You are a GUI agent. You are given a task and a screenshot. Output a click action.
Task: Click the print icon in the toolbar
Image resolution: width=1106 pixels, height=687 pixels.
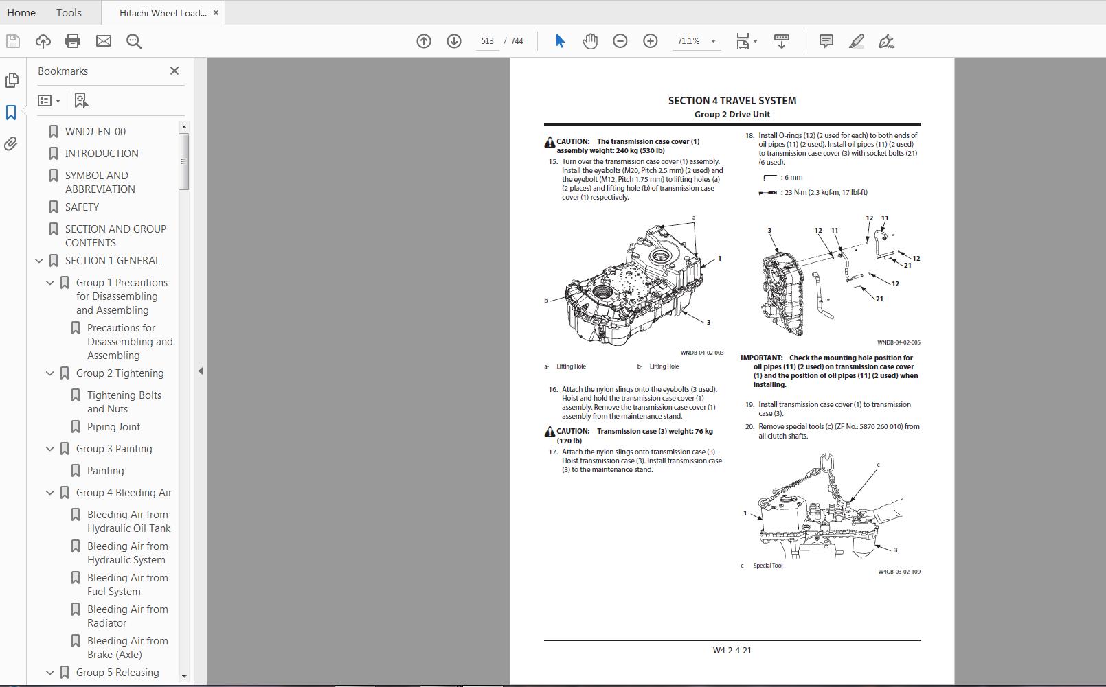point(73,41)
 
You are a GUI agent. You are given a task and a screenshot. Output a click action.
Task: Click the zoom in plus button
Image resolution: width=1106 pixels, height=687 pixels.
point(650,41)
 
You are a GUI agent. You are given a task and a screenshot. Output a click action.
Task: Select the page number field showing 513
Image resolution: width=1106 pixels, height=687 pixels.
point(487,41)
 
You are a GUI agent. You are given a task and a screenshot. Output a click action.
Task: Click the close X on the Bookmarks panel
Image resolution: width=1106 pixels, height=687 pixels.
point(174,71)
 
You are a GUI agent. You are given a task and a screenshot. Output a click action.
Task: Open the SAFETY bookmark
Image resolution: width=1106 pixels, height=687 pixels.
point(82,207)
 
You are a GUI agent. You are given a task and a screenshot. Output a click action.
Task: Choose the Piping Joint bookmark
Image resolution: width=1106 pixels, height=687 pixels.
point(113,426)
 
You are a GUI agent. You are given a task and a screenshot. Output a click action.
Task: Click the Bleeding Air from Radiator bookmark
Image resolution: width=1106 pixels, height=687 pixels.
point(127,616)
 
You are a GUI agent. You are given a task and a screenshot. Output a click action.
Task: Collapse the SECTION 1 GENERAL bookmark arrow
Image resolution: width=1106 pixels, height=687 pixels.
point(39,261)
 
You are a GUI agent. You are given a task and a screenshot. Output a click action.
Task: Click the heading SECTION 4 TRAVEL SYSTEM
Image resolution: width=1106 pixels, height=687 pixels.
point(732,101)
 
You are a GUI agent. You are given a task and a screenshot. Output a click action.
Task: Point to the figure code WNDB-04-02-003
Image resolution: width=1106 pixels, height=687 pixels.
point(701,353)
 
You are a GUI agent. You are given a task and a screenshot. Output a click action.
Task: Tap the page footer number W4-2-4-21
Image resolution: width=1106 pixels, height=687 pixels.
point(732,650)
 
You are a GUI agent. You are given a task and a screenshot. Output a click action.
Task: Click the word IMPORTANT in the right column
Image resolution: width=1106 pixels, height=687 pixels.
point(761,358)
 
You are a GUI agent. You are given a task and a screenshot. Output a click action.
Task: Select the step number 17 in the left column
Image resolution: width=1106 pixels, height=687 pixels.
point(553,452)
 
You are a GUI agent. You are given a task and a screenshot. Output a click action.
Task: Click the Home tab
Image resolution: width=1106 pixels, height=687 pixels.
point(21,12)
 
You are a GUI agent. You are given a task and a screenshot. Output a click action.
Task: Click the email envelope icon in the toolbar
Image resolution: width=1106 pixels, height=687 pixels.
point(104,41)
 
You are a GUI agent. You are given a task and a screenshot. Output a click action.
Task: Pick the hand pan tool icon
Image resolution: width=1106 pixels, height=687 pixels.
point(590,41)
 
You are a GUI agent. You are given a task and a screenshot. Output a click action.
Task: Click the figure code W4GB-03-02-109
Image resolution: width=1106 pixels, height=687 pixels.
point(899,571)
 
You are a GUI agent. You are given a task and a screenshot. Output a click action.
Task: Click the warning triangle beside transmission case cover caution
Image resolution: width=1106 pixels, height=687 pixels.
point(550,142)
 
